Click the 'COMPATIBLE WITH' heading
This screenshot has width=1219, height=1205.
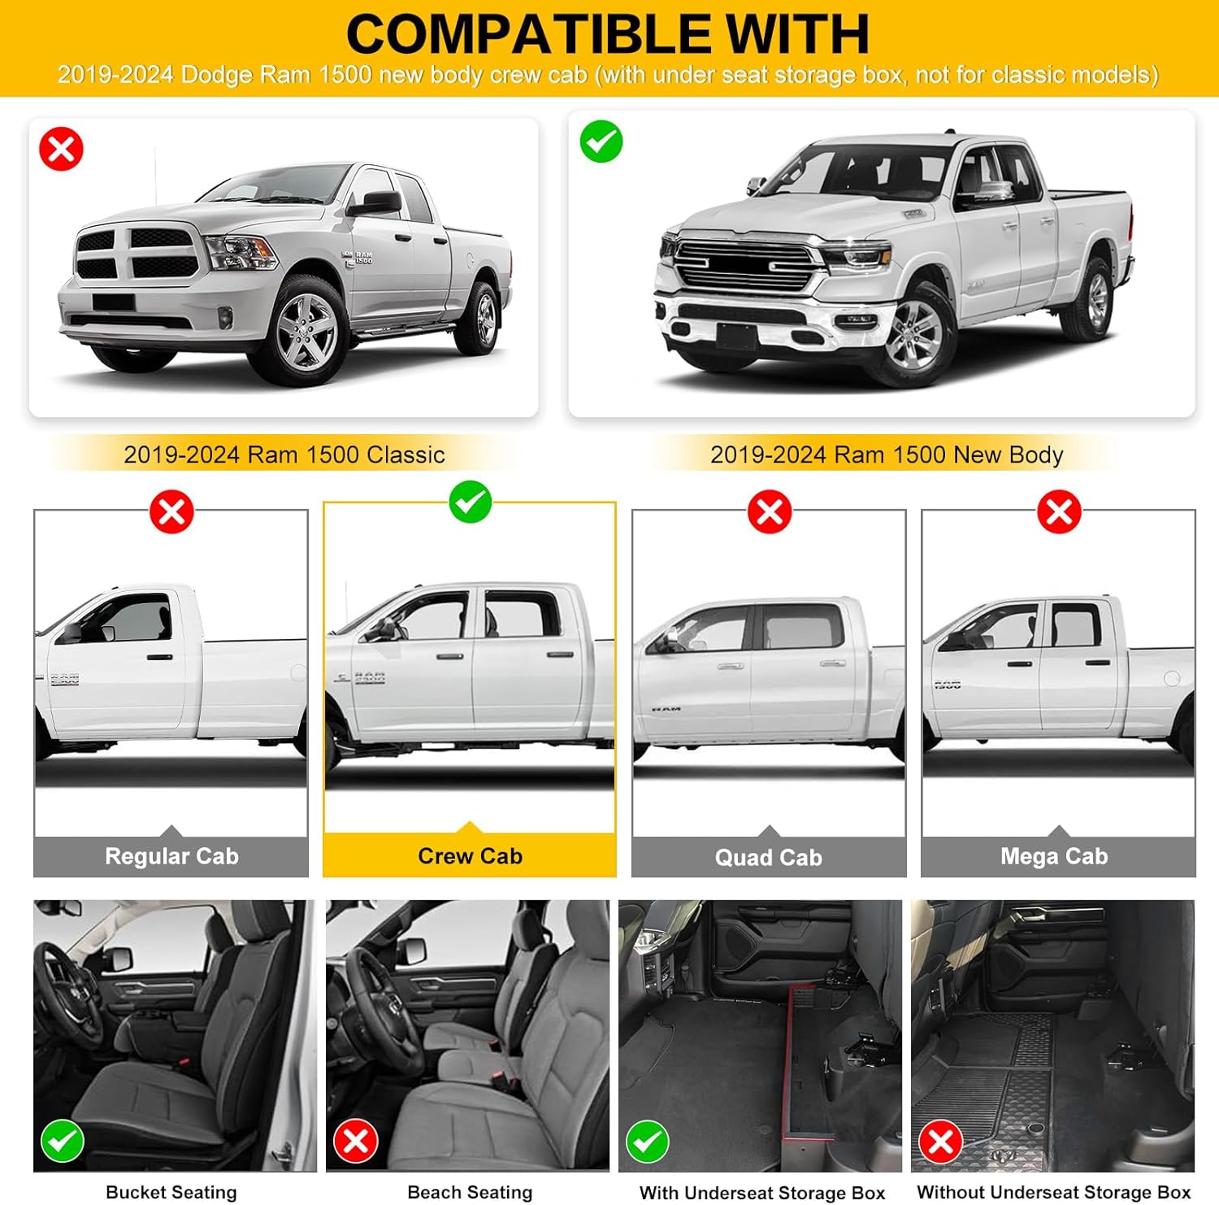(608, 34)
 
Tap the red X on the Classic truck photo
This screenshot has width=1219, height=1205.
(62, 150)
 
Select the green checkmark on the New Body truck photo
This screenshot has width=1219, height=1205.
(601, 141)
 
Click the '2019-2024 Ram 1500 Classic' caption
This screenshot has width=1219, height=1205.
(284, 455)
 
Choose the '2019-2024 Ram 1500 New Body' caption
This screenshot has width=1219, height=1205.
(886, 455)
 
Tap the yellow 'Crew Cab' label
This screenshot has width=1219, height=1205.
(470, 856)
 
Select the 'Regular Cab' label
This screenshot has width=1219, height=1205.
(171, 856)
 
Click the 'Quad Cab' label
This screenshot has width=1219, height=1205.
(768, 858)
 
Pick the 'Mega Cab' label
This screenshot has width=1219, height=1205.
(1054, 856)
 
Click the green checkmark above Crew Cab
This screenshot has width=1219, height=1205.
(471, 502)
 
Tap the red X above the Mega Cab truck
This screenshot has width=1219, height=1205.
(1059, 512)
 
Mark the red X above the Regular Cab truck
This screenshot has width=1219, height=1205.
(171, 512)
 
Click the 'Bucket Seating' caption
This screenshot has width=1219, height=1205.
(171, 1192)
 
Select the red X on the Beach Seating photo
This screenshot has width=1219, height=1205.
(355, 1141)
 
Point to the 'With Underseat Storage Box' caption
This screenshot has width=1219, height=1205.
(761, 1193)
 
